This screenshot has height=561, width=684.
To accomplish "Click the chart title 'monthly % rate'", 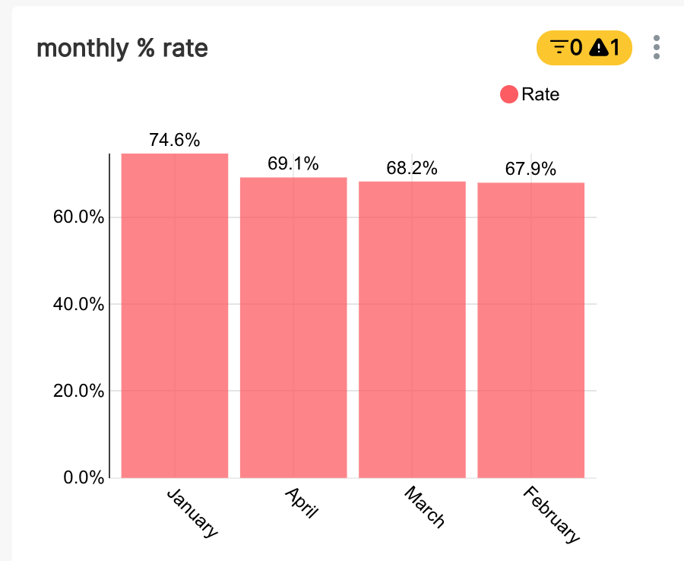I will tap(122, 49).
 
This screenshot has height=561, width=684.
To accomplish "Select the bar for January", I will tap(175, 315).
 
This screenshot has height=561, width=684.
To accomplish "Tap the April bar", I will tap(293, 327).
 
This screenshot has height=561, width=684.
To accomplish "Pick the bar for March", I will tap(412, 329).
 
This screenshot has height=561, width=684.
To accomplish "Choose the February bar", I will tap(530, 330).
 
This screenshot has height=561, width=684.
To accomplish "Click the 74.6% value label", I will tap(175, 140).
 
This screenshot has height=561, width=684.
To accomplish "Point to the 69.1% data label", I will tap(293, 163).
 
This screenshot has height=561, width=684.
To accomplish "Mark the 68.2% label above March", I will tap(412, 168).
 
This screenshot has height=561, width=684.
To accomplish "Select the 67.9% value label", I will tap(530, 169).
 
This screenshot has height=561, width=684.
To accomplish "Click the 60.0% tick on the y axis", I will tap(78, 217).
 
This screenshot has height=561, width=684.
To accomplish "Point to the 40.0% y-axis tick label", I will tap(78, 304).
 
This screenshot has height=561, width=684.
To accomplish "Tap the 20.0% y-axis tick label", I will tap(78, 391).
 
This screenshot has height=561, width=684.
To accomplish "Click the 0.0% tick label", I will tap(82, 478).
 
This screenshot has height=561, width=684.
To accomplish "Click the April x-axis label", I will tap(302, 502).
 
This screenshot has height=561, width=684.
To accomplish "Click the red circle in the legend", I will tap(508, 94).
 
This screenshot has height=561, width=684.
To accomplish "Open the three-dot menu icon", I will tap(657, 47).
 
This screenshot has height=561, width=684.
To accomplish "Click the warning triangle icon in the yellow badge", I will tap(600, 48).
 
